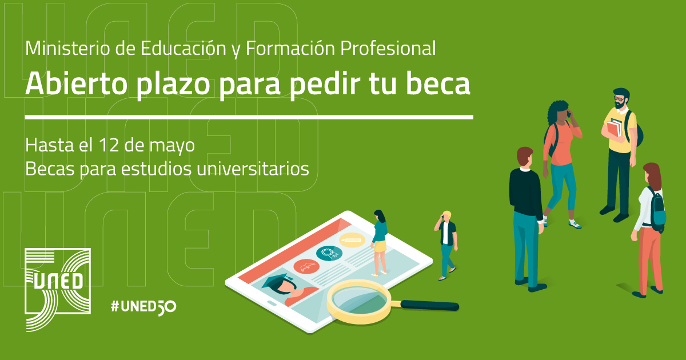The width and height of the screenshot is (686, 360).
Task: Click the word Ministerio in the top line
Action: [67, 48]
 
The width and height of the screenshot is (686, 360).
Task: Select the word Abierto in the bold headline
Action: [76, 83]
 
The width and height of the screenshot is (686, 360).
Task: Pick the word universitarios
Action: [253, 169]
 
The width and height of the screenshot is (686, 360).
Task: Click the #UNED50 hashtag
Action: [143, 307]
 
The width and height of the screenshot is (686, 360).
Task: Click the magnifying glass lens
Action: [359, 299]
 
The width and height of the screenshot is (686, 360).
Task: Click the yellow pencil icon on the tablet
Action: [352, 239]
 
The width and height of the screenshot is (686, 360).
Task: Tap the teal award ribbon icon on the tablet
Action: [329, 253]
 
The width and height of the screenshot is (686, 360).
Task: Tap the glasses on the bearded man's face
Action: [619, 99]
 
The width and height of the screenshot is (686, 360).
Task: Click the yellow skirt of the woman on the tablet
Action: [380, 246]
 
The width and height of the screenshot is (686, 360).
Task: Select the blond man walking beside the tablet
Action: [446, 245]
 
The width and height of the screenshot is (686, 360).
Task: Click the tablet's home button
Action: [272, 303]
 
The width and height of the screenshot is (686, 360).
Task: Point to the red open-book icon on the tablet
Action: [306, 267]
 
